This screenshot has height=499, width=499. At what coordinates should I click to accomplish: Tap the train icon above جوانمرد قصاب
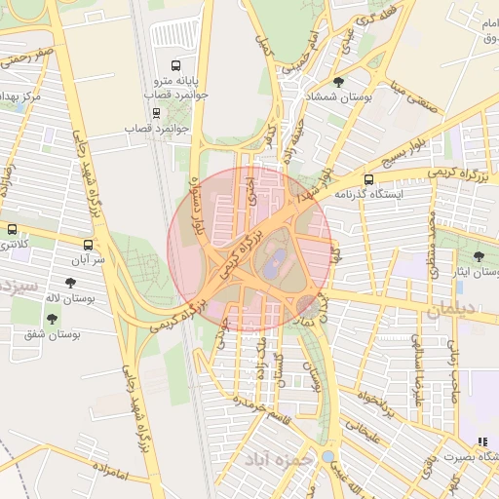pyautogui.click(x=156, y=112)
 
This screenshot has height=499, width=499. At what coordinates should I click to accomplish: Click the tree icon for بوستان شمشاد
pyautogui.click(x=338, y=82)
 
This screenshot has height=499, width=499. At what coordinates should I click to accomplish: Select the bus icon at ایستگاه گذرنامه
pyautogui.click(x=368, y=178)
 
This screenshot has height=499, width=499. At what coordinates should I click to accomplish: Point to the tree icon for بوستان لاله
pyautogui.click(x=71, y=283)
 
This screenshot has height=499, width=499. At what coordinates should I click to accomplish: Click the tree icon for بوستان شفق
pyautogui.click(x=51, y=318)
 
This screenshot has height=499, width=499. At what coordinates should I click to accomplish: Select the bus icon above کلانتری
pyautogui.click(x=12, y=230)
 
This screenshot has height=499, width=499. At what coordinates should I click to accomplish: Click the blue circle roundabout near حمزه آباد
pyautogui.click(x=328, y=455)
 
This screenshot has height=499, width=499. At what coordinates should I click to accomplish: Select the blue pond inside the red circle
pyautogui.click(x=276, y=261)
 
